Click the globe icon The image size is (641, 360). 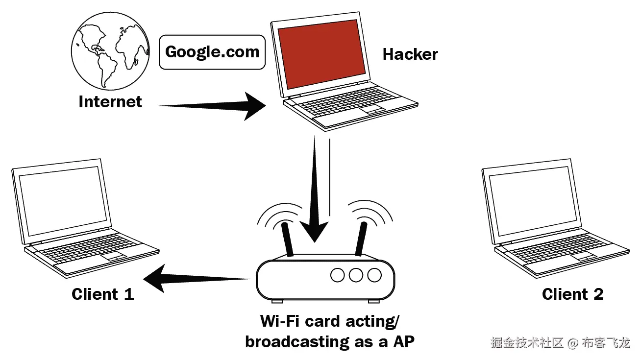pos(109,51)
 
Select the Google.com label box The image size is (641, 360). pos(212,51)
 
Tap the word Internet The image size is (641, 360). pos(110,101)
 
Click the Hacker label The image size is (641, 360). pos(410,54)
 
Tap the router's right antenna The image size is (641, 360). pos(362,239)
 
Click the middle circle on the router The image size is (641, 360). pos(356,275)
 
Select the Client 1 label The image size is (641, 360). pos(102,294)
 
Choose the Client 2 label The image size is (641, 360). pos(572,294)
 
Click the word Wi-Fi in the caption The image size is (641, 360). pos(280,321)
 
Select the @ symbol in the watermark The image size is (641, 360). pos(573,342)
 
